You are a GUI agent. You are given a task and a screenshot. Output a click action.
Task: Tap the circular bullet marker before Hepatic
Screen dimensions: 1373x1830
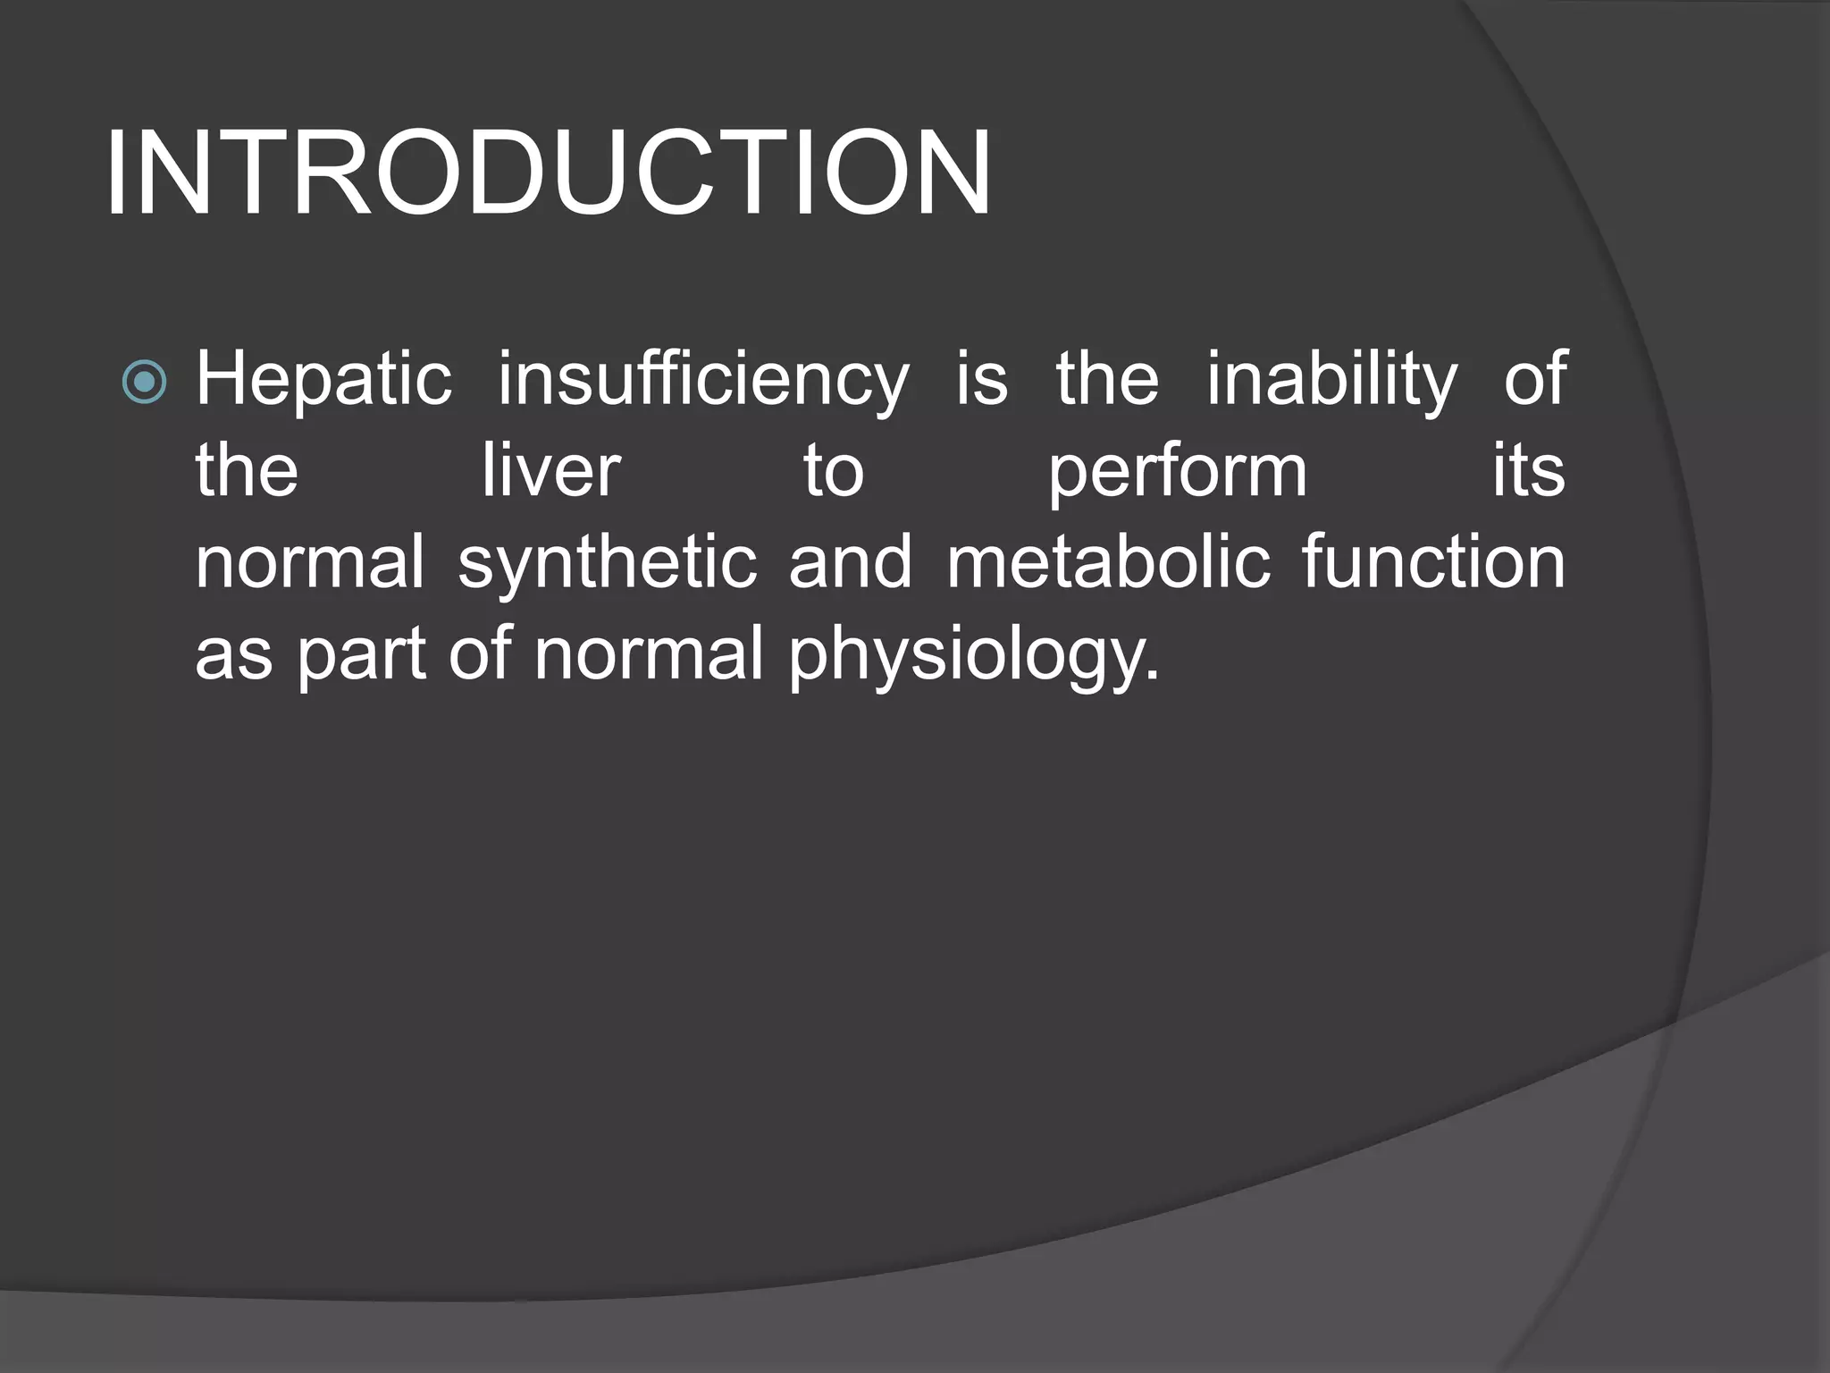click(144, 382)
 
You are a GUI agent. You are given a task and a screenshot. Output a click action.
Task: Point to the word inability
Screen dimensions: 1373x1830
click(1331, 380)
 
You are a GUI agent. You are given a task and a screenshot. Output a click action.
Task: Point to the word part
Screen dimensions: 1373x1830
click(361, 655)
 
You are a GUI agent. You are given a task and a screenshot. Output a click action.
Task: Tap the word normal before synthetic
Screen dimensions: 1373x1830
click(310, 563)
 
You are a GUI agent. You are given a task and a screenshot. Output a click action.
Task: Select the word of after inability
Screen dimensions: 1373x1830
click(1534, 380)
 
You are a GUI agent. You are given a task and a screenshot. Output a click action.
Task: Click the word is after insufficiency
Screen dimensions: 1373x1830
click(982, 380)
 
